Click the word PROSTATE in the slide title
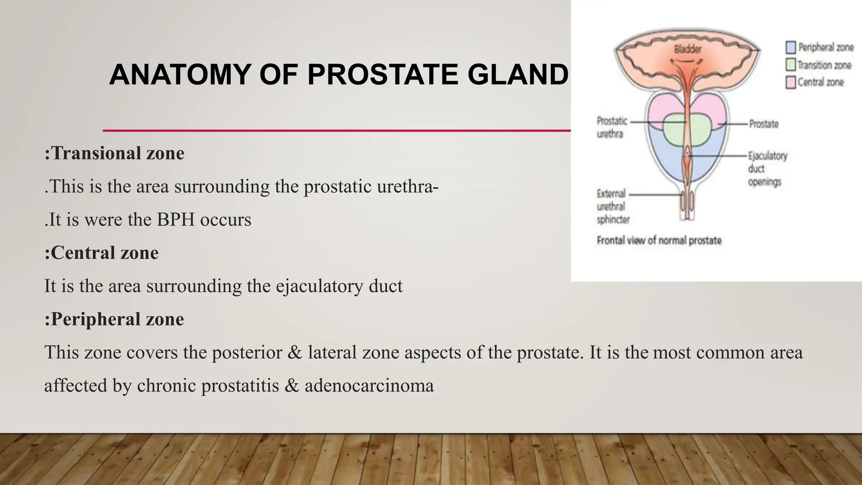[382, 75]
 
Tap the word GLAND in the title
[518, 75]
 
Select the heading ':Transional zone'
[114, 153]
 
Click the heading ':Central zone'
[101, 253]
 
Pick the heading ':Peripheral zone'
[114, 319]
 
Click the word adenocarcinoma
[369, 386]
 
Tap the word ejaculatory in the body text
[319, 286]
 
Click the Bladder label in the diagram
[688, 49]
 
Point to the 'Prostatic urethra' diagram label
[612, 127]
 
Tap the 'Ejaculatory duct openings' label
[767, 168]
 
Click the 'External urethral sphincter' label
[613, 206]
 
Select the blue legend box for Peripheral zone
[790, 47]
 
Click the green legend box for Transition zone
[790, 65]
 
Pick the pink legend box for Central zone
[790, 82]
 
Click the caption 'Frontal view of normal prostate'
[659, 240]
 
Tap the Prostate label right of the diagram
[764, 124]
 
